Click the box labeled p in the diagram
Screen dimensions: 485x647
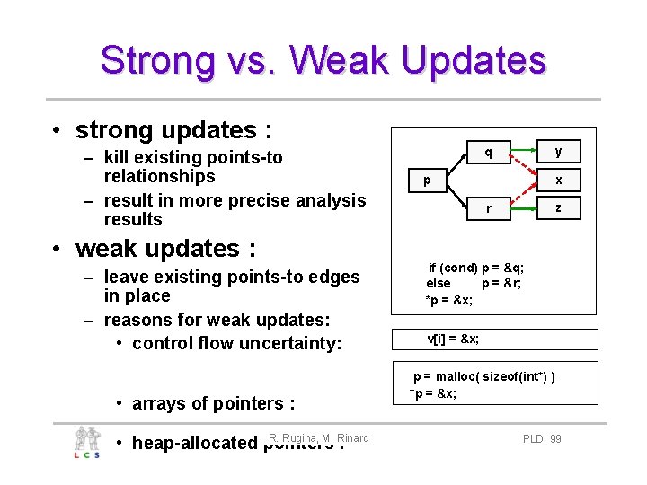(428, 181)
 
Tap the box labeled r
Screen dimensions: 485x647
(488, 208)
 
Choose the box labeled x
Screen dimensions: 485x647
(558, 181)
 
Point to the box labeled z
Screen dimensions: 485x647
(558, 208)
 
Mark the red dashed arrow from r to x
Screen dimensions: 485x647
(524, 194)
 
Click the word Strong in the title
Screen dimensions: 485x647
(157, 60)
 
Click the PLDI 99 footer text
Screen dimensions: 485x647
(542, 439)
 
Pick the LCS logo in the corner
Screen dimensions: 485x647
(88, 443)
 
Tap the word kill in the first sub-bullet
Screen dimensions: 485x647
(120, 157)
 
